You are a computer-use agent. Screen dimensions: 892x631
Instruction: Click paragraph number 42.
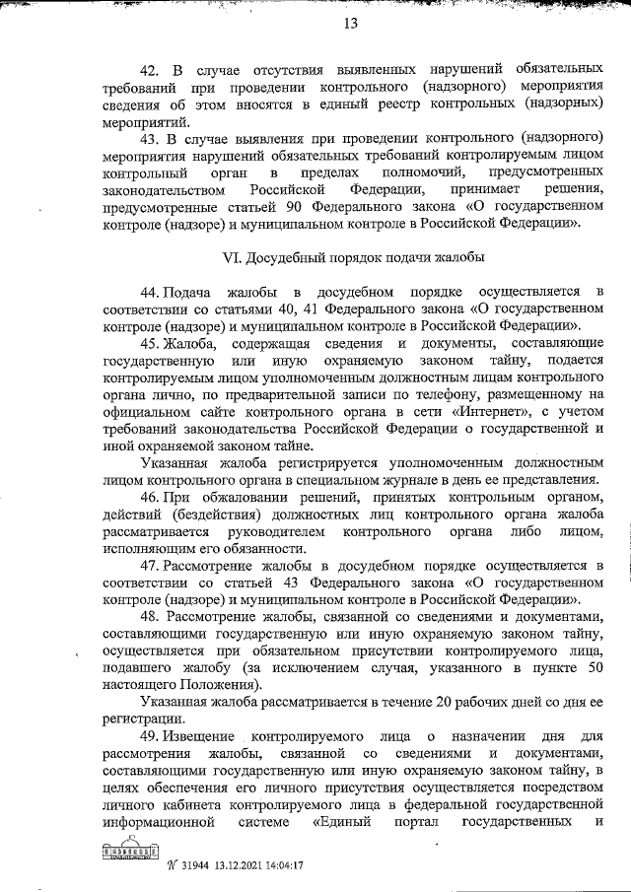point(151,71)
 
